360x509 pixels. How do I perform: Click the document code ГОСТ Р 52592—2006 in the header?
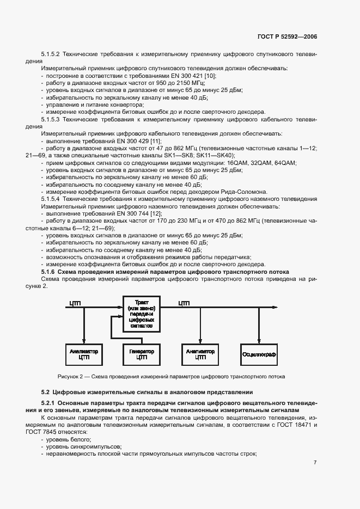(x=288, y=36)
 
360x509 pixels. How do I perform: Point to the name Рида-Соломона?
(x=246, y=191)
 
